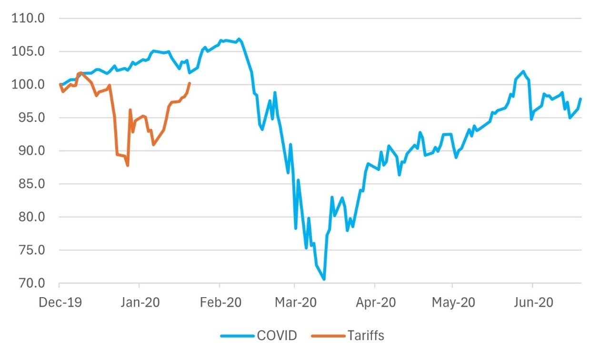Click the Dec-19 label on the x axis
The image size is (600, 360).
point(60,302)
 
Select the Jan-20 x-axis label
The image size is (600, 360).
point(139,302)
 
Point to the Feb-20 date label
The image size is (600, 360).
point(220,302)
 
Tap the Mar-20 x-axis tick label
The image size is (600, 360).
point(294,302)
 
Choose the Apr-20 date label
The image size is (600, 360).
point(375,302)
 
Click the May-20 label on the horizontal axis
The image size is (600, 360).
point(452,302)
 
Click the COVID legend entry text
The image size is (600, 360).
point(277,336)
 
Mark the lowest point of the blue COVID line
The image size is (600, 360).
point(324,280)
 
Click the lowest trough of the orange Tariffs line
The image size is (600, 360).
point(128,165)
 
